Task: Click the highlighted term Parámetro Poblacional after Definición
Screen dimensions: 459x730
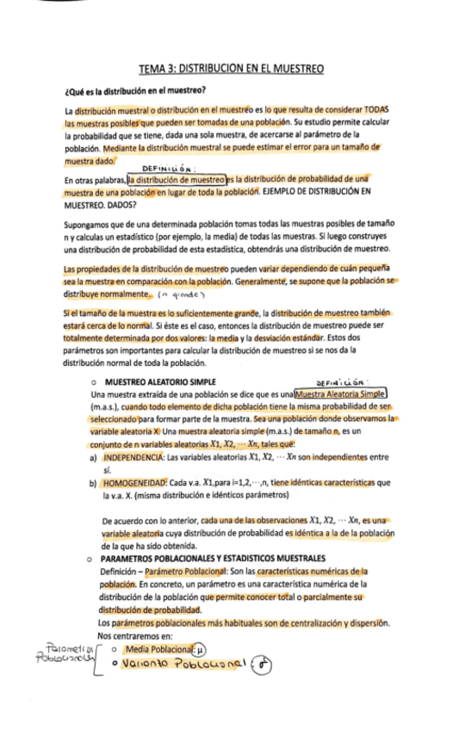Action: (188, 571)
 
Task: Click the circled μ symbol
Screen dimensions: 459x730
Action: (201, 648)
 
